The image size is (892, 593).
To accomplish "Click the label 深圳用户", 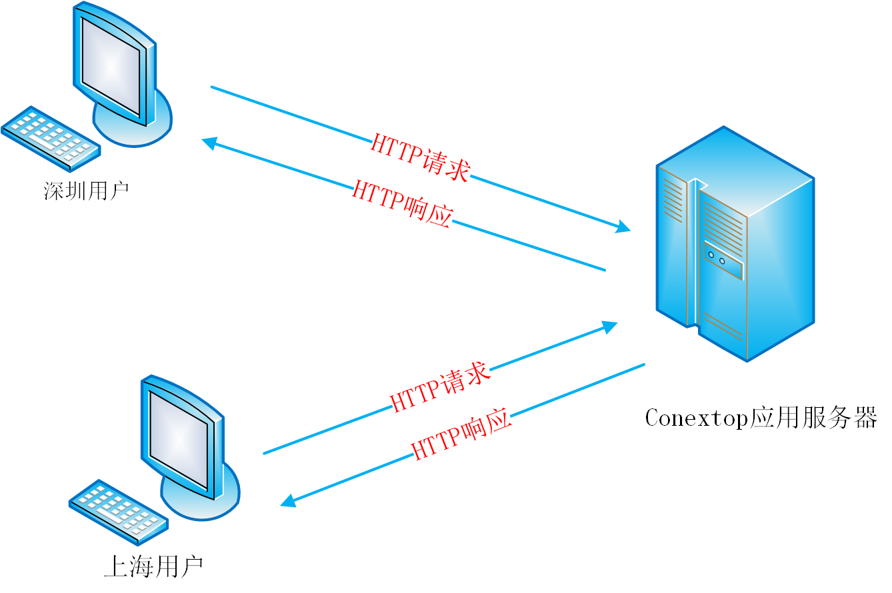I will point(86,191).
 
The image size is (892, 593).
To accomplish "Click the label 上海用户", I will point(153,567).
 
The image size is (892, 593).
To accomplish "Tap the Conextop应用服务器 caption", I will point(760,418).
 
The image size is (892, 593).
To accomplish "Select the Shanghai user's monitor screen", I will point(179,439).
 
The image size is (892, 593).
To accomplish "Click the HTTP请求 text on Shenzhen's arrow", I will point(420,157).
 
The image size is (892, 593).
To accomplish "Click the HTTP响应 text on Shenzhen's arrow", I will point(403,203).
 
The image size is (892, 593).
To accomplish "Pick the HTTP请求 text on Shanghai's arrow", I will point(440,388).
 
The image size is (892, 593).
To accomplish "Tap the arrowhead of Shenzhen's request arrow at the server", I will point(623,227).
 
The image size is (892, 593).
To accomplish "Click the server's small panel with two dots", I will point(723,260).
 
